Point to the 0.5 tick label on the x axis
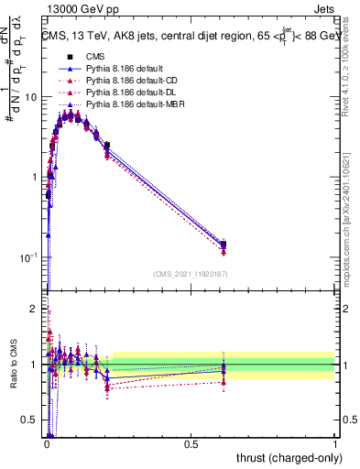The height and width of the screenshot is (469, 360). pyautogui.click(x=191, y=442)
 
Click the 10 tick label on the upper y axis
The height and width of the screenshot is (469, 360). pyautogui.click(x=29, y=97)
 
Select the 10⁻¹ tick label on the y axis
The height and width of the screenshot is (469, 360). pyautogui.click(x=27, y=257)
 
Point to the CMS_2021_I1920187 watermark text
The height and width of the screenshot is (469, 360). pyautogui.click(x=190, y=274)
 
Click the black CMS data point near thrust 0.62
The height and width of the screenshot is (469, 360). pyautogui.click(x=224, y=245)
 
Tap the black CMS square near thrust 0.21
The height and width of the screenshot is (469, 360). pyautogui.click(x=107, y=145)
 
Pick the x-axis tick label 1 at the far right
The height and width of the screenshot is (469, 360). pyautogui.click(x=335, y=442)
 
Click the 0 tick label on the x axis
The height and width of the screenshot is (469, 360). pyautogui.click(x=46, y=442)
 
